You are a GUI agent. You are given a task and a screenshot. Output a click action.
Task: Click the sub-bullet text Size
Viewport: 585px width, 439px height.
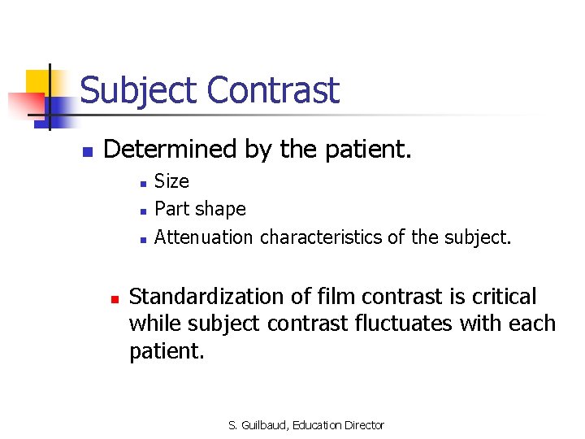[171, 181]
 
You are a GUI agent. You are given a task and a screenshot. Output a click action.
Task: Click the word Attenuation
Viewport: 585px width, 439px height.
[204, 237]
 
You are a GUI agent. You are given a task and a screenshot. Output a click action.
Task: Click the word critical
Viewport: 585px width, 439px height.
[505, 297]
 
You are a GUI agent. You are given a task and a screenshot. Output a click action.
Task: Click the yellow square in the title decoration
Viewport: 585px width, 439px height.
[38, 82]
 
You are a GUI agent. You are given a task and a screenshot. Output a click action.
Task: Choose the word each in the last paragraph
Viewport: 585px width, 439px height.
[532, 324]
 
